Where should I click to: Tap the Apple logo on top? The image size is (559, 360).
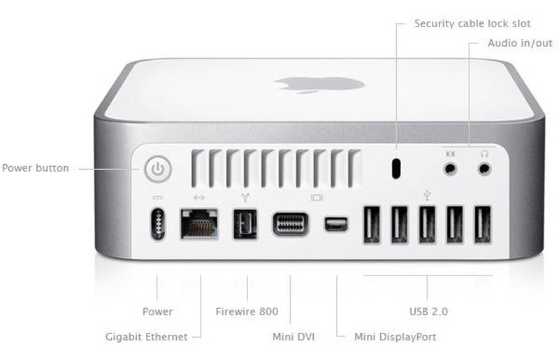tap(319, 85)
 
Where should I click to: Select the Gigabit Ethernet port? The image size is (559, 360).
tap(199, 223)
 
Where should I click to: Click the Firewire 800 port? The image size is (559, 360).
tap(246, 223)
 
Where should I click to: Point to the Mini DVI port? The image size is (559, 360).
tap(291, 224)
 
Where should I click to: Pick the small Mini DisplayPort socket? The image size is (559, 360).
tap(335, 224)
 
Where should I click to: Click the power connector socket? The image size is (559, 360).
tap(158, 224)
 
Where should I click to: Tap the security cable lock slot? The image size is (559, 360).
tap(397, 168)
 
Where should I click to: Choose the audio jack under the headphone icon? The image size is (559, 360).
tap(484, 168)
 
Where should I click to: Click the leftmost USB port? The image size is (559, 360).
tap(372, 224)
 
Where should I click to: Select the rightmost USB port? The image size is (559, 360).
tap(482, 224)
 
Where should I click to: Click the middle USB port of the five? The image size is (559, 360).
tap(427, 224)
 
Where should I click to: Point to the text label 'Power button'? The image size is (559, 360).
tap(36, 168)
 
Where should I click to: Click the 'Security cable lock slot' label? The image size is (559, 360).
tap(472, 24)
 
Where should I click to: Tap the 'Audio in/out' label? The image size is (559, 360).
tap(520, 43)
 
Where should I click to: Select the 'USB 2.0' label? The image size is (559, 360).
tap(428, 311)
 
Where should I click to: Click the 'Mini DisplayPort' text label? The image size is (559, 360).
tap(395, 337)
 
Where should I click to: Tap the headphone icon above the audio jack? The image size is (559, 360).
tap(484, 152)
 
